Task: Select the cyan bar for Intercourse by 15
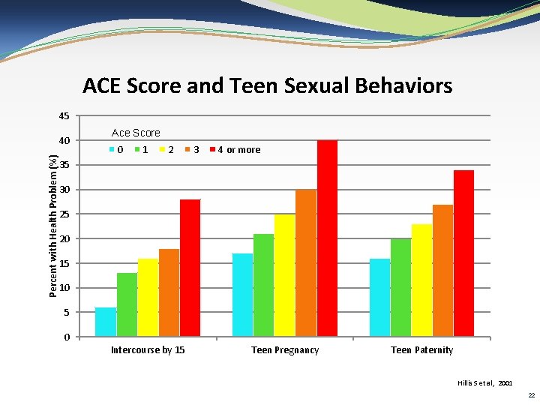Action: tap(106, 322)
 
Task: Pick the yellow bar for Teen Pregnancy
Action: tap(284, 275)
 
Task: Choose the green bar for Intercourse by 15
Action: tap(127, 304)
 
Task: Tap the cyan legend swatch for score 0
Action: tap(112, 150)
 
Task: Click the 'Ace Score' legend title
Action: tap(136, 133)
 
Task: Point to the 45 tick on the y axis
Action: tap(64, 116)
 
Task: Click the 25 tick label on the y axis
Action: tap(64, 214)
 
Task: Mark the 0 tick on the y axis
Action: tap(67, 337)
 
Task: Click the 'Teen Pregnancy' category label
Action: tap(285, 350)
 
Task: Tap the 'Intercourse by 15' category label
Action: tap(148, 350)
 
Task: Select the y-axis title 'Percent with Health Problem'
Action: tap(53, 224)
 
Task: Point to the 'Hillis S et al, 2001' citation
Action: tap(484, 382)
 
